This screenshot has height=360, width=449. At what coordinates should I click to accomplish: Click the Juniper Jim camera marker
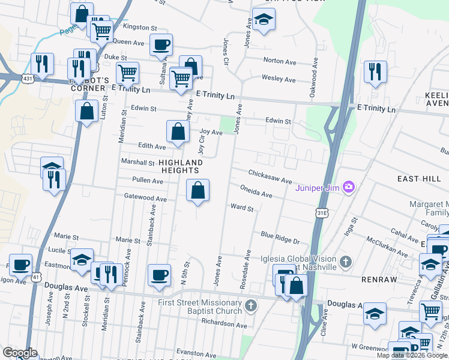[x=348, y=188]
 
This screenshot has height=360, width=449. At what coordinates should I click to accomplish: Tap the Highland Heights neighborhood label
[x=181, y=166]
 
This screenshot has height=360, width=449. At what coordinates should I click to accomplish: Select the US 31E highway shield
[x=323, y=212]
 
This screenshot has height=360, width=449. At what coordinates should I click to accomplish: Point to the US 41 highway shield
[x=37, y=277]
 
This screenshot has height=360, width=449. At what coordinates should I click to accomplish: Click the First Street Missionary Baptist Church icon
[x=252, y=306]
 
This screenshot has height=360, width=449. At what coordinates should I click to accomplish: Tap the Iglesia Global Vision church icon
[x=345, y=262]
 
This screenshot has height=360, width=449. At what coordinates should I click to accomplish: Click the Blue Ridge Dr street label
[x=280, y=237]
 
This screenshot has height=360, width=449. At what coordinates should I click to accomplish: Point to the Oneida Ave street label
[x=256, y=191]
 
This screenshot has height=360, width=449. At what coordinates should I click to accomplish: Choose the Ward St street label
[x=243, y=208]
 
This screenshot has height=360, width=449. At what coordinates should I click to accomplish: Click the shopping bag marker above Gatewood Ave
[x=197, y=191]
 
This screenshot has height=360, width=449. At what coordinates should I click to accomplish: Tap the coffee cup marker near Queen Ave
[x=160, y=45]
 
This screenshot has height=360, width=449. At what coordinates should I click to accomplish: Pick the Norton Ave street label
[x=280, y=61]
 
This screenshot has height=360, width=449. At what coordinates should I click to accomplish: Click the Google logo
[x=20, y=352]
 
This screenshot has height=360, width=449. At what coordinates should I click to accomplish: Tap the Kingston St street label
[x=139, y=28]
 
